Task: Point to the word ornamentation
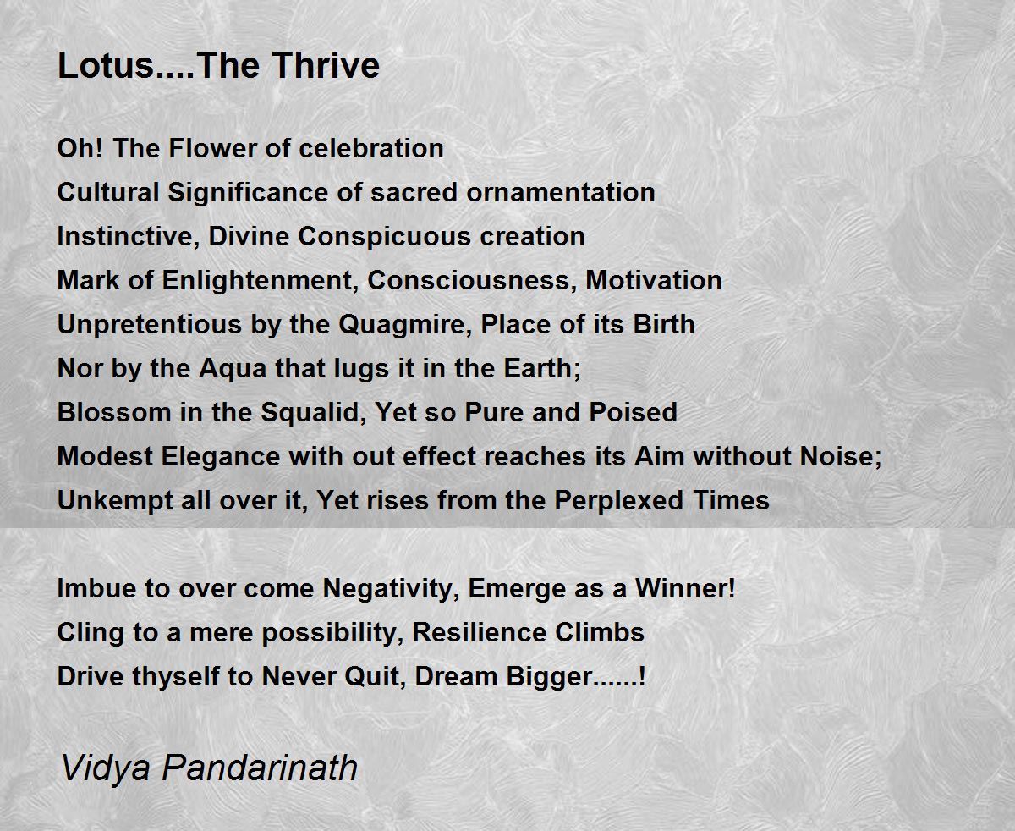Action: [561, 193]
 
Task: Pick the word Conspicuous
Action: [384, 236]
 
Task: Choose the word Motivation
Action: [654, 281]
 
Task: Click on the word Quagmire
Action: [406, 325]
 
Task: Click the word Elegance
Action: [221, 457]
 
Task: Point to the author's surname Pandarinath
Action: [260, 768]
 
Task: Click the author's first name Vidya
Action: [106, 768]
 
